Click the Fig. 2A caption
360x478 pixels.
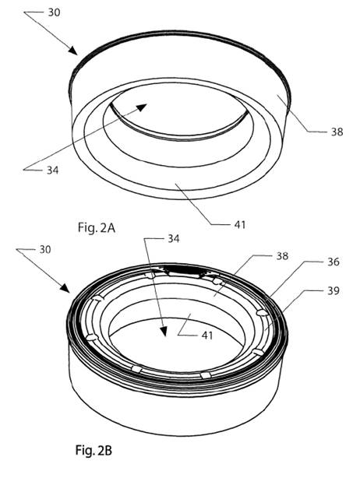click(97, 228)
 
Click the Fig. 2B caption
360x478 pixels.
click(94, 450)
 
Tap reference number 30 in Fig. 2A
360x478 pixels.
click(54, 12)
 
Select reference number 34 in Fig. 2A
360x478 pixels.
click(52, 170)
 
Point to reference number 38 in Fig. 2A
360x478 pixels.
click(337, 132)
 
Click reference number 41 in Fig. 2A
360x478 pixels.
click(240, 225)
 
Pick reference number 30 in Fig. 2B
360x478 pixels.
click(45, 250)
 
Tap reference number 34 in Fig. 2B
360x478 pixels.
click(174, 238)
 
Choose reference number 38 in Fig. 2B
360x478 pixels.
click(282, 256)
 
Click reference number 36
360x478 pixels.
click(334, 262)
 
